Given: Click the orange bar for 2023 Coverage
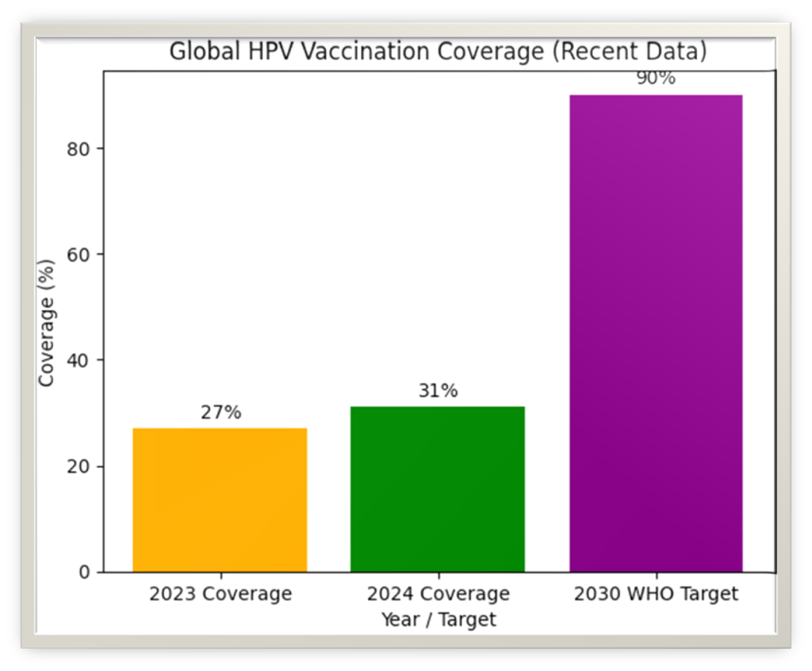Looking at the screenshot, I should (220, 500).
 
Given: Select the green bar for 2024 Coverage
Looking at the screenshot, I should (438, 489).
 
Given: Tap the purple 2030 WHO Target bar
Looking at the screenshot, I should (656, 333).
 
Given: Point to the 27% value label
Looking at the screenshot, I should (220, 412).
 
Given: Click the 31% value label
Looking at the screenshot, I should (438, 391).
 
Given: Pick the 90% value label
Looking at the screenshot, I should (655, 79).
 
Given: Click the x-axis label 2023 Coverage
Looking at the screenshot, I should (220, 594).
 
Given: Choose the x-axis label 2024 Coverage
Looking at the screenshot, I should (438, 594).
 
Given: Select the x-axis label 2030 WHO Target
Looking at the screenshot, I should (656, 594).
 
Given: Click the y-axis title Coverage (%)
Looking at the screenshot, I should (47, 322).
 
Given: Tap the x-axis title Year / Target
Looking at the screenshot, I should (438, 619).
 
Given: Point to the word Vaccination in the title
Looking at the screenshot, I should (340, 52).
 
